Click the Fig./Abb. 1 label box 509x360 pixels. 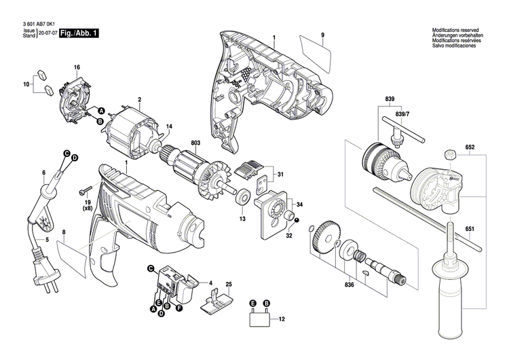[79, 33]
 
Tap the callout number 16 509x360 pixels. [77, 67]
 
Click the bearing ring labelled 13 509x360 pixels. [241, 200]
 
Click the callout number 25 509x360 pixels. [228, 283]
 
